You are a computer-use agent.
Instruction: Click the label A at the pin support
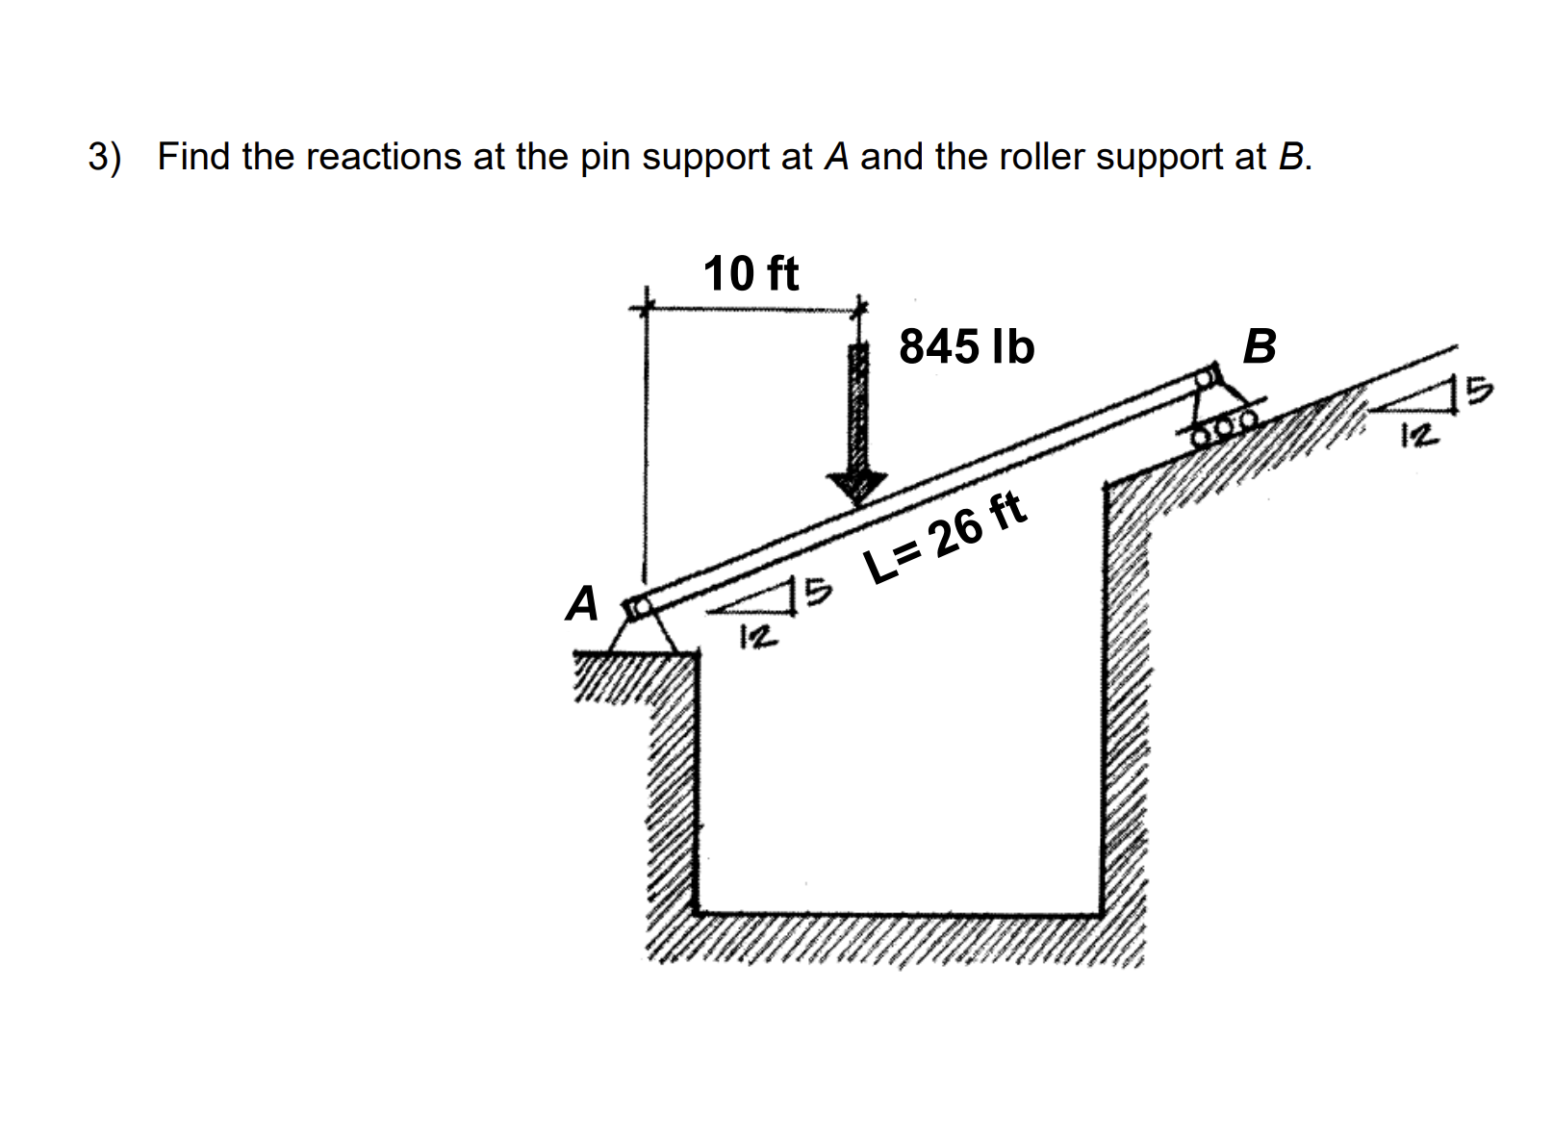(582, 604)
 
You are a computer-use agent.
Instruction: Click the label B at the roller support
(1260, 346)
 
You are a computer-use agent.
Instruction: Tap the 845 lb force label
(966, 346)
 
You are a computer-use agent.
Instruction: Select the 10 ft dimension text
(751, 273)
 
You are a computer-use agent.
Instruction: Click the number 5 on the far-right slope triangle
(1480, 391)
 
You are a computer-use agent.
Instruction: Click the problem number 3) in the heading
(105, 156)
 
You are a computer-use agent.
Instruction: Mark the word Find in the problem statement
(193, 156)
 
